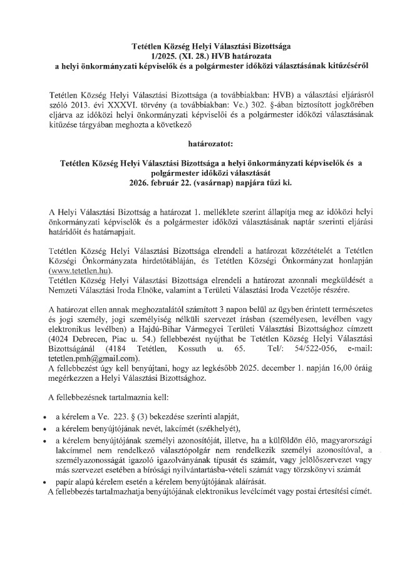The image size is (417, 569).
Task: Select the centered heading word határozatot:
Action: point(208,142)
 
